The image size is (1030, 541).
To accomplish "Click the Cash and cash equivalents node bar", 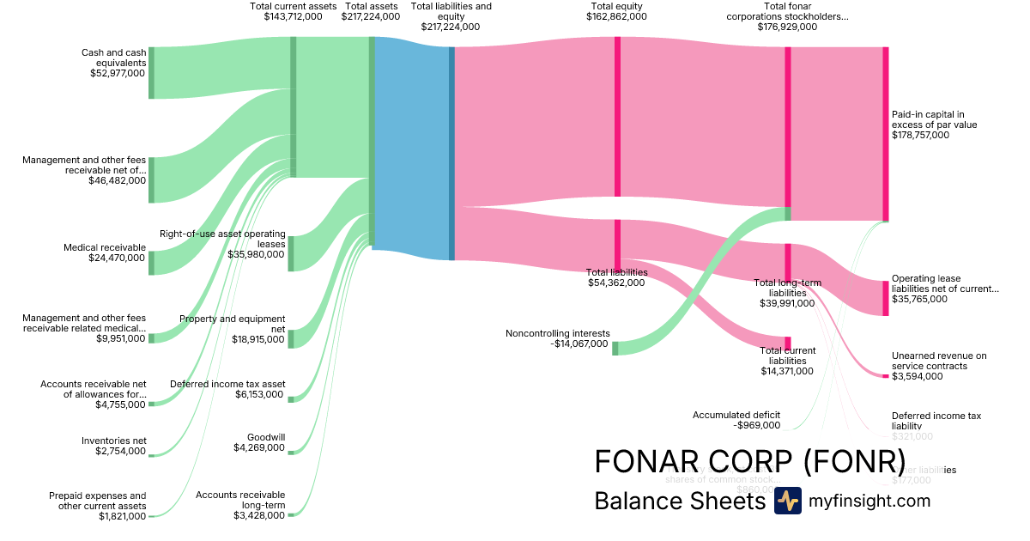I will [x=152, y=73].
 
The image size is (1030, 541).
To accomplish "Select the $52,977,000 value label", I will [x=118, y=74].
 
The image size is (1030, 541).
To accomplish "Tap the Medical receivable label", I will [x=105, y=247].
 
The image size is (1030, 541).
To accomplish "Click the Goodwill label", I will [x=265, y=437].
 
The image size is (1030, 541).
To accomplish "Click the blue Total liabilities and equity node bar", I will [x=451, y=153].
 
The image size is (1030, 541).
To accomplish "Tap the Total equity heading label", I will [x=616, y=6].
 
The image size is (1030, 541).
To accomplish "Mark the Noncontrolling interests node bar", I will [x=615, y=348].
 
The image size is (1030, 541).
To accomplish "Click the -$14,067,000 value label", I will [x=579, y=343].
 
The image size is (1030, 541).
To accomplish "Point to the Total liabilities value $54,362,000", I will [x=616, y=282].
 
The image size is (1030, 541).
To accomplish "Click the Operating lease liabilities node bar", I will [x=886, y=298].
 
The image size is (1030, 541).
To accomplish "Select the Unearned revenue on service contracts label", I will [x=939, y=361].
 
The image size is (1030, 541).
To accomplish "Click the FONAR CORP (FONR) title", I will [x=749, y=462].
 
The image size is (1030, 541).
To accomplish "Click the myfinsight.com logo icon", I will [x=787, y=501].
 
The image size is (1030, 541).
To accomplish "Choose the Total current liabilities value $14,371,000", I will [x=787, y=371].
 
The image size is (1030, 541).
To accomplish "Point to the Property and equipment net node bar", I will [x=290, y=338].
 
